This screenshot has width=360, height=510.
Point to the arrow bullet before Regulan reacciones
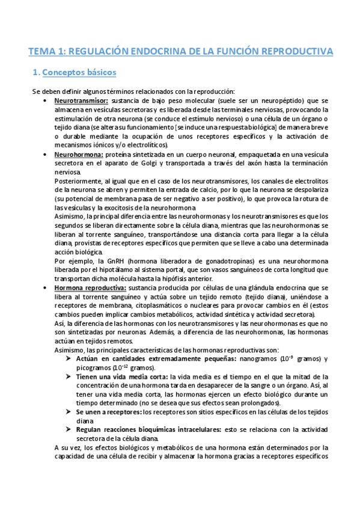[x=69, y=430]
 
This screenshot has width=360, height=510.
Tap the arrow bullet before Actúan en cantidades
[x=69, y=358]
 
